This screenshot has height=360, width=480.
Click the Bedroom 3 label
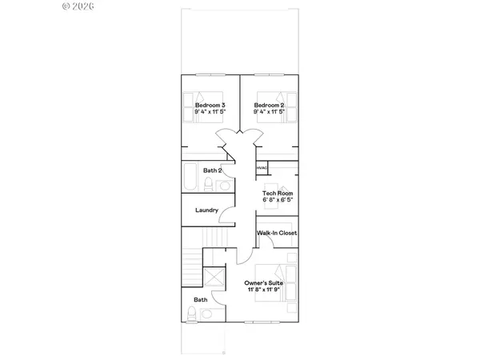210,106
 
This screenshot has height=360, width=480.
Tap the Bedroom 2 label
270,106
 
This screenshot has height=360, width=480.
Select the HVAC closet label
262,168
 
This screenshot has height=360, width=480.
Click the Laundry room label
207,210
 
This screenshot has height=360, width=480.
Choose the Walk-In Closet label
277,233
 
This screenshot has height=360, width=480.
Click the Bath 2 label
212,170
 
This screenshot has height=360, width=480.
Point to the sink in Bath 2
225,186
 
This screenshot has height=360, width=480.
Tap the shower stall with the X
214,278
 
